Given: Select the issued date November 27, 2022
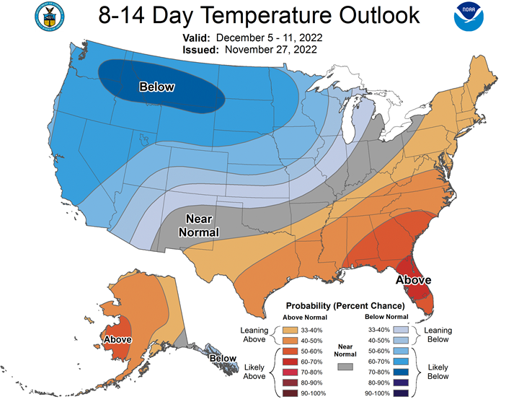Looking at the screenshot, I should pyautogui.click(x=270, y=50).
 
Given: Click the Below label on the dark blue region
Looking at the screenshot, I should pyautogui.click(x=157, y=87).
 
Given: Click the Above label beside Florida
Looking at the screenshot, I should pyautogui.click(x=413, y=279).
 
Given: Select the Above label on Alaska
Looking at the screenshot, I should pyautogui.click(x=117, y=339).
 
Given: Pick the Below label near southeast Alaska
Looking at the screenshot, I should pyautogui.click(x=223, y=358).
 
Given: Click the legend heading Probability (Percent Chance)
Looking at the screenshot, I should pyautogui.click(x=345, y=306).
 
